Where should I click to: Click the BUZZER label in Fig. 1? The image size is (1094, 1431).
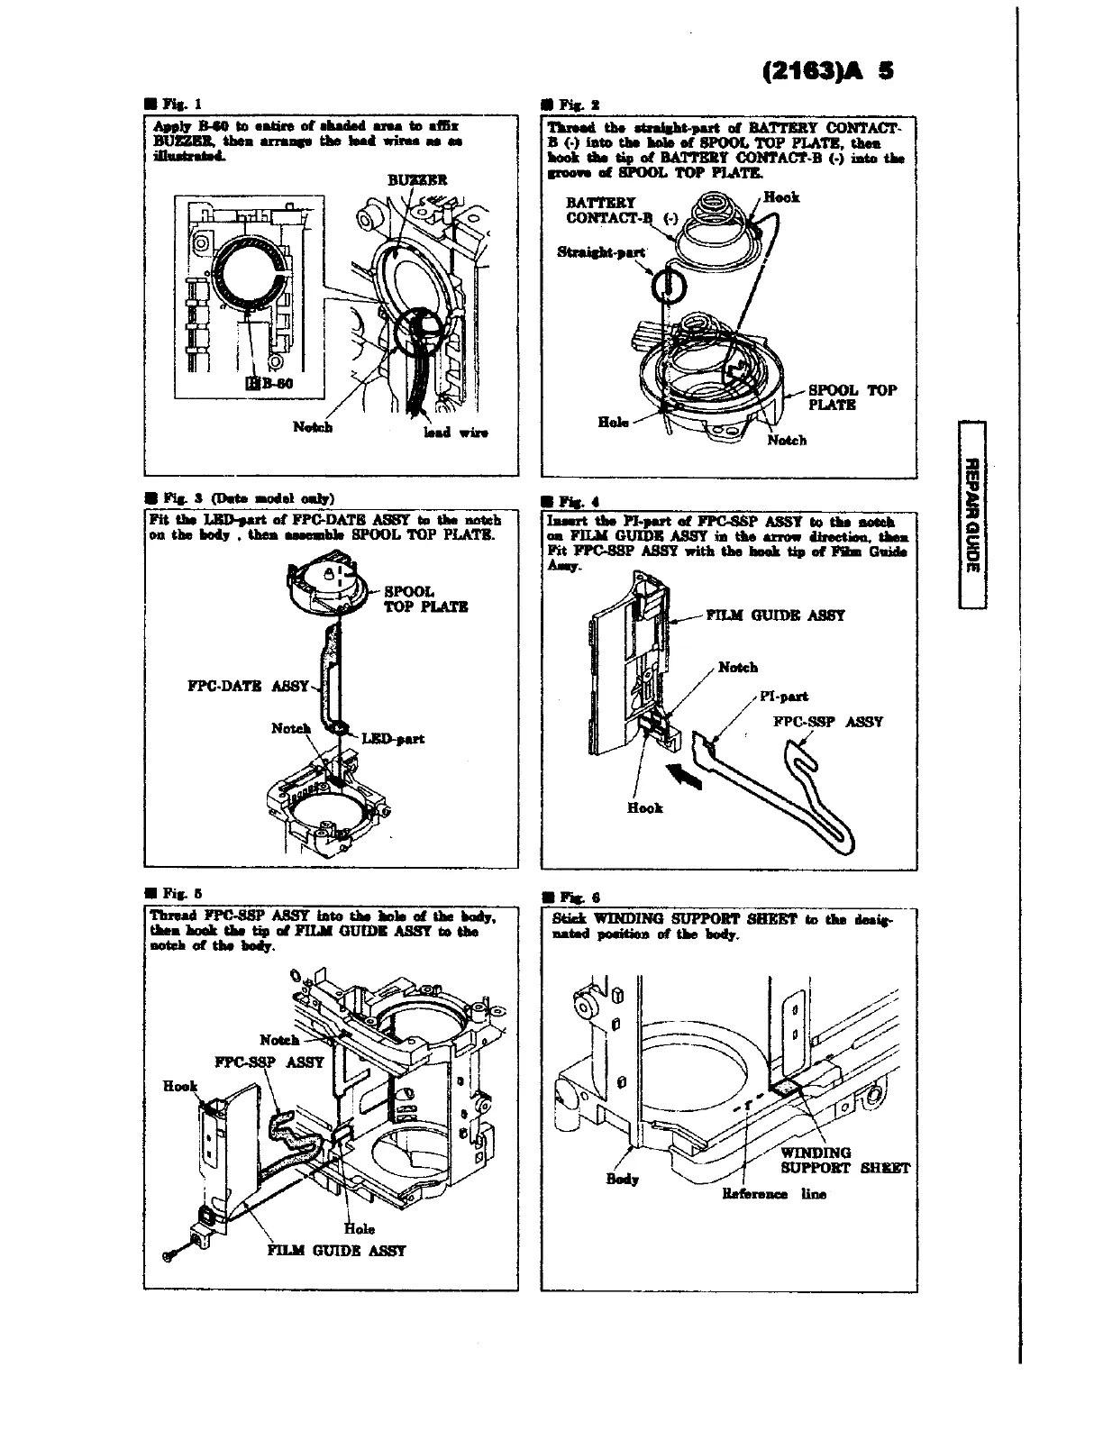tap(416, 179)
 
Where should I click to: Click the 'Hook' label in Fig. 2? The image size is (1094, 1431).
tap(780, 196)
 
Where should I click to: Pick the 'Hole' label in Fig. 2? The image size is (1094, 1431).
tap(614, 422)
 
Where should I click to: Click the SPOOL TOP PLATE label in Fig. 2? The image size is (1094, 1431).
tap(852, 397)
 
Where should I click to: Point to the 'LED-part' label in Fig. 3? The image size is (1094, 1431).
tap(393, 739)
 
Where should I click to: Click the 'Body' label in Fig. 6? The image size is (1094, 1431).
tap(622, 1180)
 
